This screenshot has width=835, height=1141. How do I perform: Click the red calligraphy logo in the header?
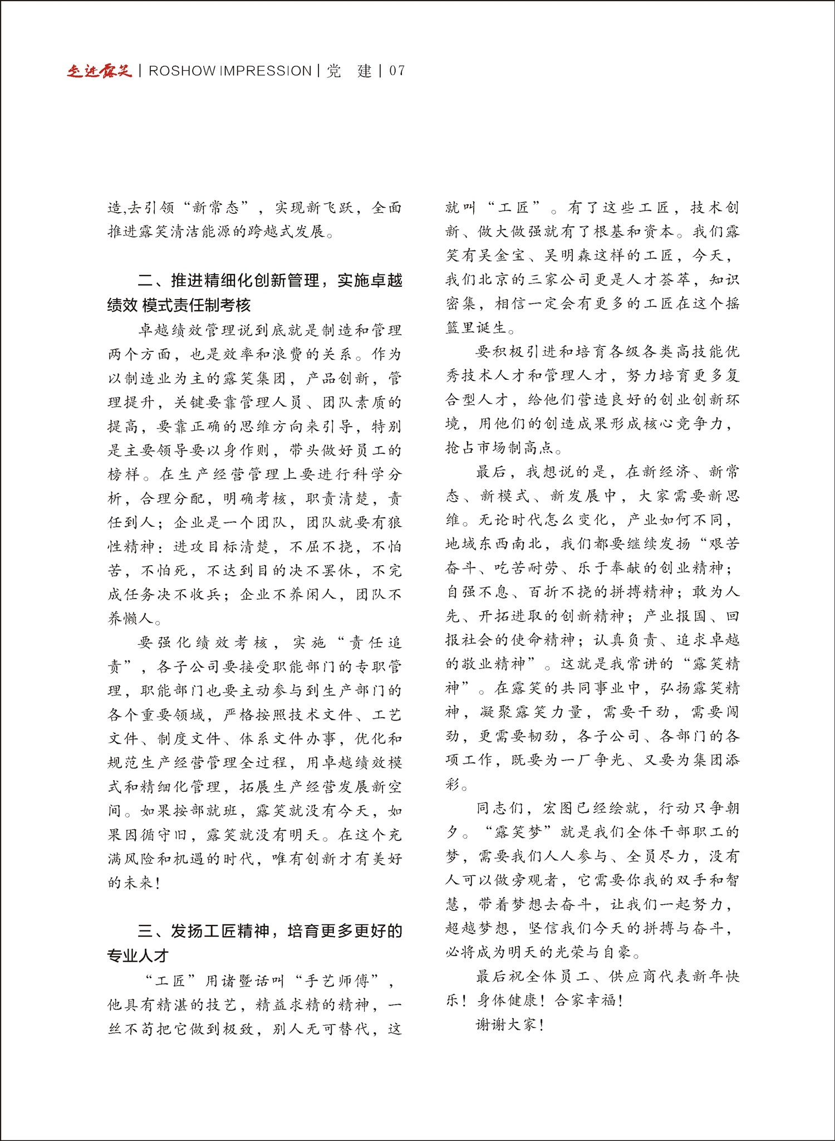tap(99, 71)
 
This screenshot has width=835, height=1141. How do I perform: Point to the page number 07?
tap(397, 71)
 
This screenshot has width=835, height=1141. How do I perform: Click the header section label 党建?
tap(349, 71)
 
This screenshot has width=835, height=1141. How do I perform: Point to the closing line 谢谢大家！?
tap(510, 1024)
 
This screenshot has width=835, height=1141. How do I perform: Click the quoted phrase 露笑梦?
tap(518, 832)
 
